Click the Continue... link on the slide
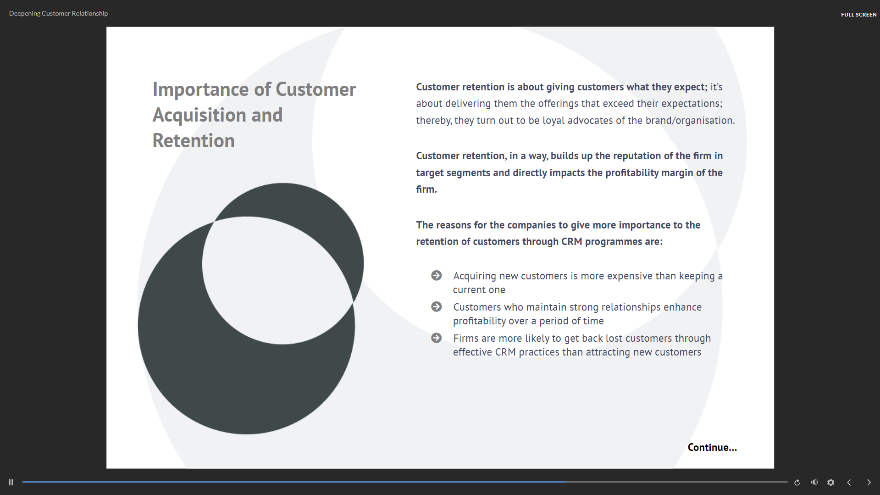click(712, 447)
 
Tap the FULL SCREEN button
click(858, 15)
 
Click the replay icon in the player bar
click(797, 482)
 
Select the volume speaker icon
click(814, 482)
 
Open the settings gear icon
click(830, 482)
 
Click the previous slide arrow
click(849, 482)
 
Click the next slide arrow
click(869, 482)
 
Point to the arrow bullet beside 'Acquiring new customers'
click(437, 275)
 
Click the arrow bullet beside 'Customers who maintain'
click(437, 306)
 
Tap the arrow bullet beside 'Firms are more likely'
click(437, 338)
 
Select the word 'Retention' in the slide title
click(194, 141)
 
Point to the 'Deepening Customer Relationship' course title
click(59, 13)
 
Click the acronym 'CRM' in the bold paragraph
click(572, 242)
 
